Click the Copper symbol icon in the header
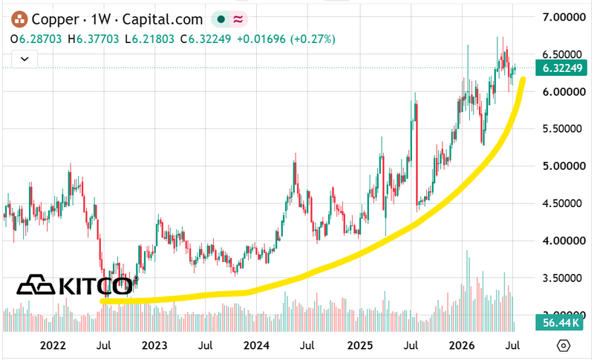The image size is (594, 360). click(x=19, y=19)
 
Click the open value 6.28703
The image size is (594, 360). click(x=41, y=39)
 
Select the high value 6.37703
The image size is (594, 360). click(x=98, y=39)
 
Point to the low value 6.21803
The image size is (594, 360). click(x=154, y=39)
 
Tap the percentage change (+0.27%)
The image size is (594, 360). click(x=313, y=39)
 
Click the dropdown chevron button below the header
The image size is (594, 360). click(x=25, y=59)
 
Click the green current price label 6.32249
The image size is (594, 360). click(x=561, y=68)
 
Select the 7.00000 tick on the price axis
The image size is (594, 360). click(x=564, y=17)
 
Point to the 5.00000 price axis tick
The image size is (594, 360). click(x=564, y=166)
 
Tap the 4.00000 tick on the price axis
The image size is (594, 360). click(x=564, y=240)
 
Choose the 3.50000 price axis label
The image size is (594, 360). click(x=564, y=278)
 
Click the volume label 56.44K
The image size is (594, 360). click(x=559, y=323)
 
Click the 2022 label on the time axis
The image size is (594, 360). click(x=53, y=345)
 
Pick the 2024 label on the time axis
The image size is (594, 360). click(x=256, y=345)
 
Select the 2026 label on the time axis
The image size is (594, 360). click(x=461, y=345)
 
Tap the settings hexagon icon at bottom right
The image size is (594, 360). click(x=564, y=345)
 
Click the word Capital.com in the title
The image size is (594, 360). click(x=163, y=20)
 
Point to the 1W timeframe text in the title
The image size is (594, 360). click(x=101, y=20)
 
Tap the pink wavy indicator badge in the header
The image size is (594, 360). click(x=238, y=19)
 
